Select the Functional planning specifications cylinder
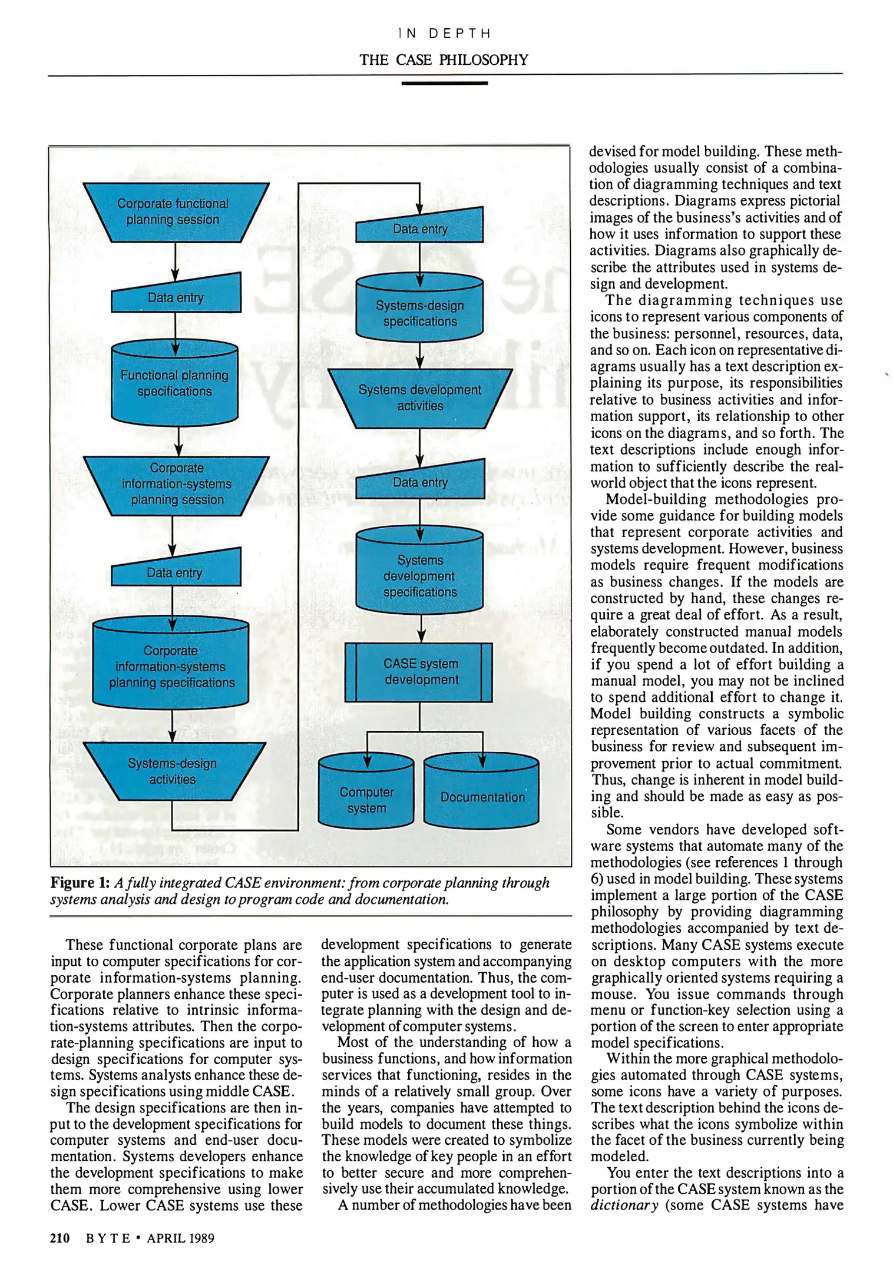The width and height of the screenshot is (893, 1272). click(174, 383)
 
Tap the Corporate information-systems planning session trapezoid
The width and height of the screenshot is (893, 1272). click(176, 485)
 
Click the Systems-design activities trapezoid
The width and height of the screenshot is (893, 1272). click(173, 771)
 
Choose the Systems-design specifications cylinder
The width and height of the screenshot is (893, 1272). click(419, 312)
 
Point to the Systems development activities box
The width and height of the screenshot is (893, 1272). click(419, 398)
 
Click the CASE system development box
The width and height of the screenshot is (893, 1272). click(419, 672)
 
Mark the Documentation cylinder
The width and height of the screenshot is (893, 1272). click(481, 795)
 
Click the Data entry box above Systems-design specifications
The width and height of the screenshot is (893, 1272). click(419, 228)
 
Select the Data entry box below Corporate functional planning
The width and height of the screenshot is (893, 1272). click(176, 296)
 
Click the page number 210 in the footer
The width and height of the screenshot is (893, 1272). click(59, 1238)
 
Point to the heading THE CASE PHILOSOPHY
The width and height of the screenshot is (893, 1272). click(444, 60)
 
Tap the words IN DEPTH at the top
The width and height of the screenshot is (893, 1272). click(444, 34)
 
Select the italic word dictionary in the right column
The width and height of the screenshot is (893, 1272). click(624, 1205)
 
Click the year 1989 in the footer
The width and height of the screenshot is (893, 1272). click(201, 1238)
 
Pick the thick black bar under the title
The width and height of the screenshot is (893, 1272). click(444, 83)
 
